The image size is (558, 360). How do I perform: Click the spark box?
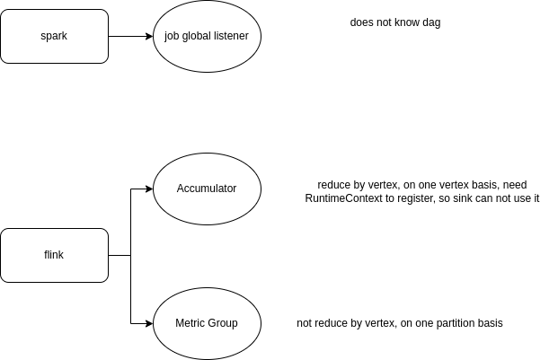pyautogui.click(x=54, y=36)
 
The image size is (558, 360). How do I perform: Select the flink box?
pyautogui.click(x=54, y=255)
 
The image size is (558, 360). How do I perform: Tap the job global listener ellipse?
pyautogui.click(x=207, y=36)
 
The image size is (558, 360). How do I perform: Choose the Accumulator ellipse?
pyautogui.click(x=207, y=189)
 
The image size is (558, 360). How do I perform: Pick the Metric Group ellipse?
pyautogui.click(x=207, y=323)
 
